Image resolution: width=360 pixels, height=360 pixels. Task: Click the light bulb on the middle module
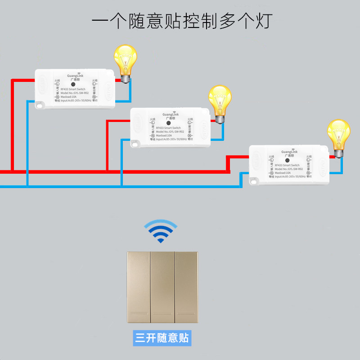pos(220,102)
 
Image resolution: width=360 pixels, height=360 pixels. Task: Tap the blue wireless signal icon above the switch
pos(161,231)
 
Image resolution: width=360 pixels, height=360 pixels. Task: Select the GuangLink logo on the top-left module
pos(75,76)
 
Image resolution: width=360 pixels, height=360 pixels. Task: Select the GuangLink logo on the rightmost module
pos(289,152)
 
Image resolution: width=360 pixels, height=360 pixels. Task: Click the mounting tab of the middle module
pos(136,144)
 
